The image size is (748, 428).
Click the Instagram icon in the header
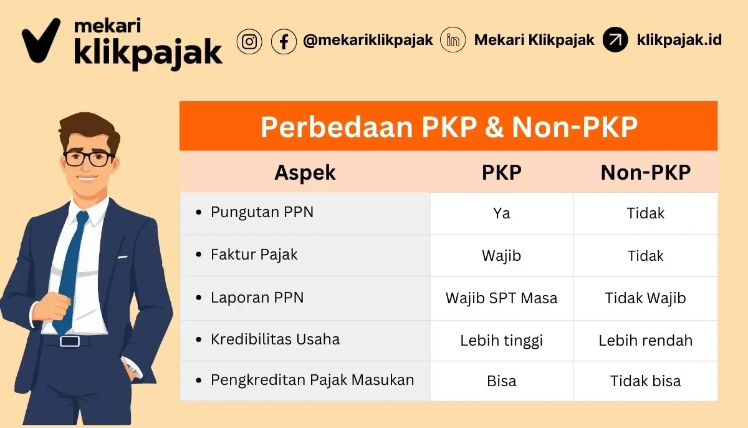[249, 41]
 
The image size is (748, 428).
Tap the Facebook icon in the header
[284, 41]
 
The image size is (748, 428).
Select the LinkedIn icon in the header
[453, 41]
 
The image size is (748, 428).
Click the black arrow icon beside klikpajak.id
[615, 40]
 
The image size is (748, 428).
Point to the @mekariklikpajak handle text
[368, 41]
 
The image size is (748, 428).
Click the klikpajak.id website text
[679, 40]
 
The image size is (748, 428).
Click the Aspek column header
[305, 173]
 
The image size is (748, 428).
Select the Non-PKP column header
[645, 173]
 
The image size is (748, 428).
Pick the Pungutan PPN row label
[262, 212]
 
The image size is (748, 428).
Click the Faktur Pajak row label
[254, 255]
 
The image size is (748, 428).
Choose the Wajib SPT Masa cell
[501, 298]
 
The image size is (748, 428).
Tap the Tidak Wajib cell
[645, 298]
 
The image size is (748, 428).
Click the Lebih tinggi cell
[501, 340]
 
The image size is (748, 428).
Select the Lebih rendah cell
[645, 340]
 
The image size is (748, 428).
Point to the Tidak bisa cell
[645, 381]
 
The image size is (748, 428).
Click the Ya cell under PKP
[501, 213]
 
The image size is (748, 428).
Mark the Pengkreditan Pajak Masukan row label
[312, 379]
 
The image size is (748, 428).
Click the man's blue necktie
[72, 268]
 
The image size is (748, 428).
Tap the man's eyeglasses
[89, 157]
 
